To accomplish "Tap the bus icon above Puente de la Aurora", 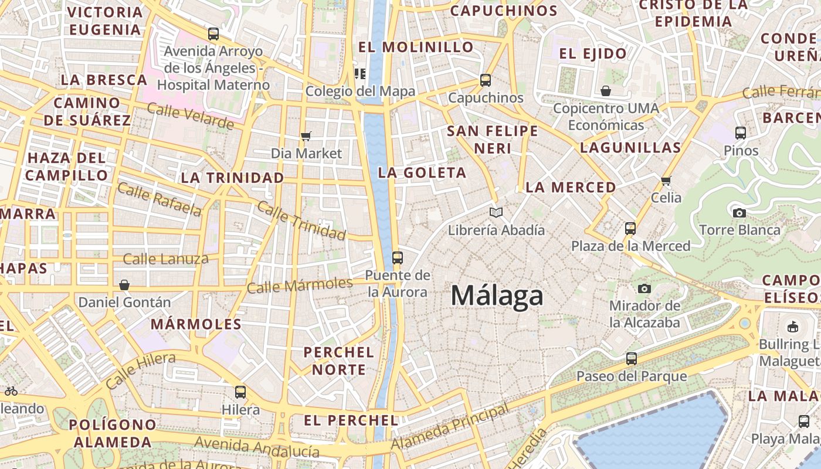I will click(x=398, y=257).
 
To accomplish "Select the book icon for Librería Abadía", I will click(x=496, y=212).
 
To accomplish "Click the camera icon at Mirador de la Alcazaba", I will click(x=644, y=288).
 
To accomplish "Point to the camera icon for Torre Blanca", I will click(x=739, y=212).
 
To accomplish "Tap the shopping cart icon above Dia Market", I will click(x=306, y=137).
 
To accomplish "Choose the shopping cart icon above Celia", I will click(x=666, y=181).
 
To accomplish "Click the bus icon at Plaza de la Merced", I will click(x=630, y=228).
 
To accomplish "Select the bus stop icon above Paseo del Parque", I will click(x=632, y=358).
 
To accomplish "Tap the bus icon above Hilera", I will click(x=240, y=392).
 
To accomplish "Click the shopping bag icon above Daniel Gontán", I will click(x=124, y=285).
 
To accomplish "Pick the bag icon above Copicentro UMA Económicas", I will click(x=606, y=91).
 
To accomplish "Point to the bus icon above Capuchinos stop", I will click(x=486, y=80).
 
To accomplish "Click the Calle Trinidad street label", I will click(x=301, y=220).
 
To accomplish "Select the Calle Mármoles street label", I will click(x=300, y=286).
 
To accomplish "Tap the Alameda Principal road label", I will click(x=450, y=427).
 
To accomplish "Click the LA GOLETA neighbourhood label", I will click(x=422, y=172).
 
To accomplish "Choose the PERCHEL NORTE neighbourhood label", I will click(x=338, y=361).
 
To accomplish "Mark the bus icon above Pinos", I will click(x=741, y=133).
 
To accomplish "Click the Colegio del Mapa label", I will click(x=360, y=91).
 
